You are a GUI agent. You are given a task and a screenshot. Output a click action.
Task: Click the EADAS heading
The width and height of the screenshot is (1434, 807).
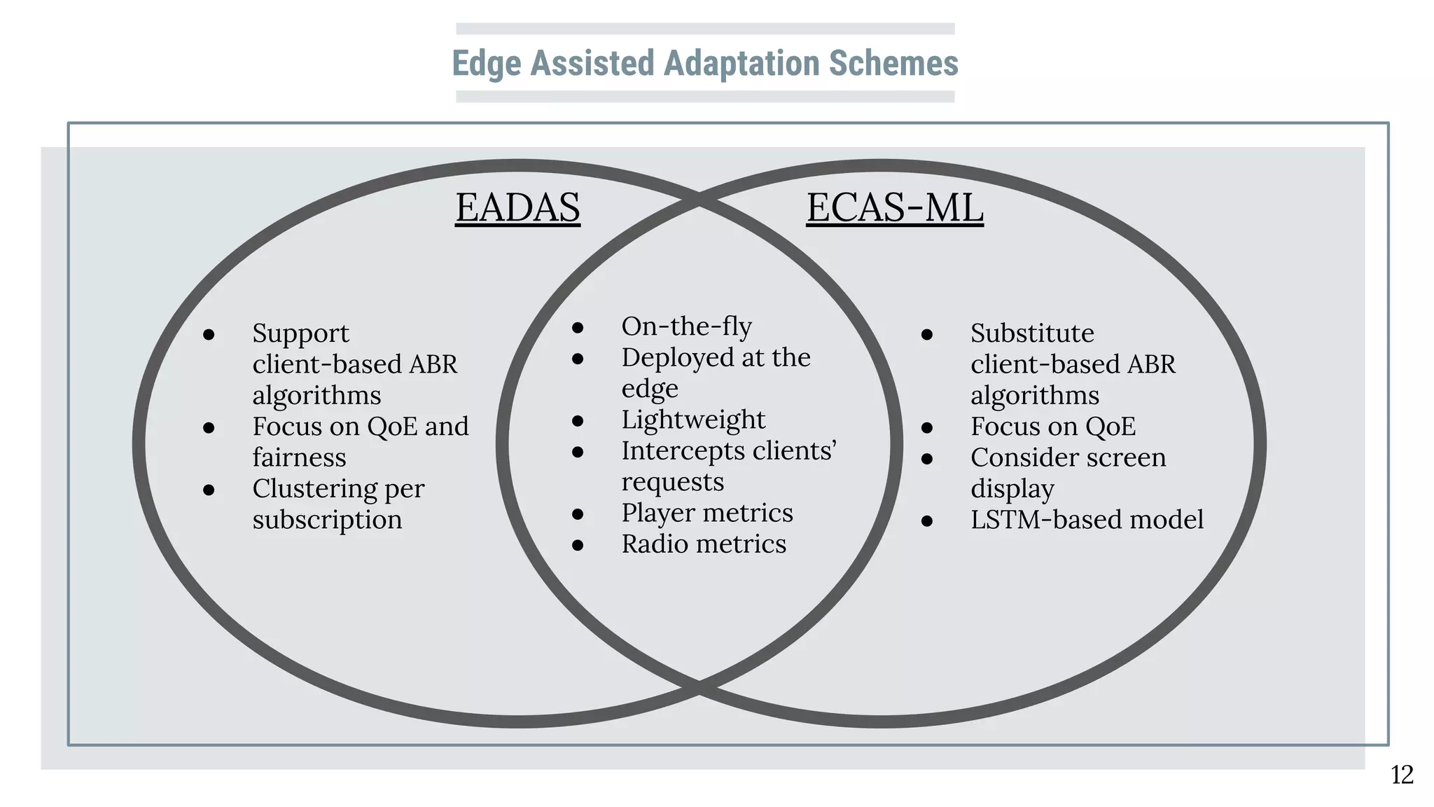click(x=517, y=207)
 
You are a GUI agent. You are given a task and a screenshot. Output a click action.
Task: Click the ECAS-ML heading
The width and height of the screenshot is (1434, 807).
click(x=895, y=207)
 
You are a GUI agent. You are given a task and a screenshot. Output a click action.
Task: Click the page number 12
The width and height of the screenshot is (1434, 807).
click(x=1402, y=775)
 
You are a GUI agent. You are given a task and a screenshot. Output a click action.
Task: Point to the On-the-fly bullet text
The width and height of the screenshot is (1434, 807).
click(x=686, y=326)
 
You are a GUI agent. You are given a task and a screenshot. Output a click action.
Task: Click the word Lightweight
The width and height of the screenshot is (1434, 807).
click(x=693, y=420)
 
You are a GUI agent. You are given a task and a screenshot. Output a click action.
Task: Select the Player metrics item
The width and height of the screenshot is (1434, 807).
click(x=707, y=513)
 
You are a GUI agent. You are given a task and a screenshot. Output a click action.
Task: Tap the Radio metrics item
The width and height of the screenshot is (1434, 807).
click(x=704, y=544)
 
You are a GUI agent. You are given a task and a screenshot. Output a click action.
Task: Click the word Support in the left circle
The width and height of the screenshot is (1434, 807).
click(x=300, y=333)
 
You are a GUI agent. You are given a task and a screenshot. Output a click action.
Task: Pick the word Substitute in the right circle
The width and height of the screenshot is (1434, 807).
click(x=1032, y=333)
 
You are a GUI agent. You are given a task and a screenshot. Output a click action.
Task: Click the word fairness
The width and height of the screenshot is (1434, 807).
click(x=299, y=457)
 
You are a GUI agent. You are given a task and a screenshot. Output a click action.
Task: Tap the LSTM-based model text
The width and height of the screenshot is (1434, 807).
click(x=1087, y=520)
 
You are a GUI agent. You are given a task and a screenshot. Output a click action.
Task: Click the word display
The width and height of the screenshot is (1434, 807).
click(x=1012, y=489)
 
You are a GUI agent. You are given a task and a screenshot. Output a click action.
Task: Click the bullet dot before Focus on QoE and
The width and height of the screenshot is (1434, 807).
click(x=209, y=427)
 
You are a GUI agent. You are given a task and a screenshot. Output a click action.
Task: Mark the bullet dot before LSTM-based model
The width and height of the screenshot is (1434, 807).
click(x=927, y=520)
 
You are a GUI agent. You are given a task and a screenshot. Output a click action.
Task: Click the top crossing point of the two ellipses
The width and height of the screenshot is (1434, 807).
click(x=699, y=200)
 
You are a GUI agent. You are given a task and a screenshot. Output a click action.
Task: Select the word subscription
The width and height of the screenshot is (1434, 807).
click(x=327, y=520)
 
